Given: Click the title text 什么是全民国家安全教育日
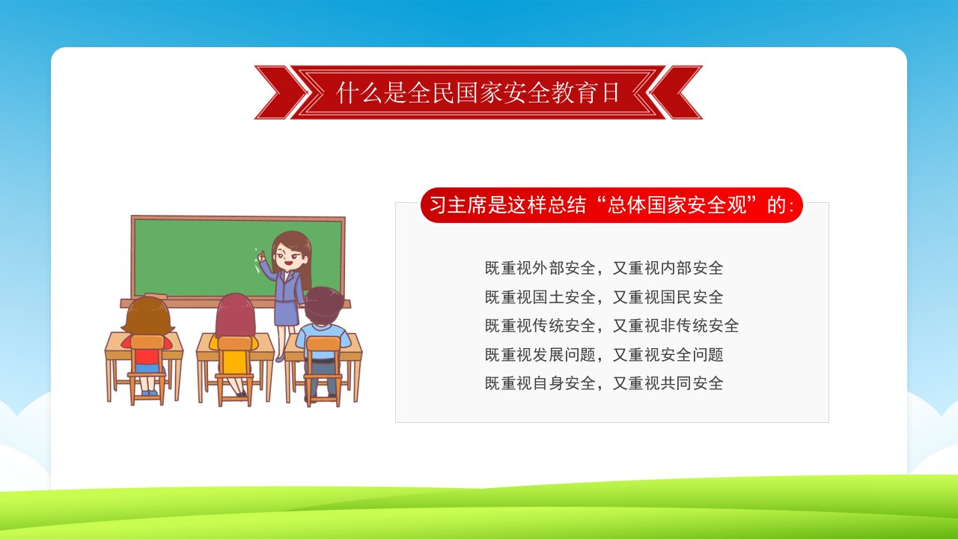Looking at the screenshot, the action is [478, 92].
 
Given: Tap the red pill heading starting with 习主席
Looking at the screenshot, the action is [611, 205].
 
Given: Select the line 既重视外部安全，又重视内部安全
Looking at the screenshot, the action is [604, 268].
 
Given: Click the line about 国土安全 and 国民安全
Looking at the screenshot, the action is [604, 297].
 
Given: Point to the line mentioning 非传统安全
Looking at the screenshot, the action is [611, 326].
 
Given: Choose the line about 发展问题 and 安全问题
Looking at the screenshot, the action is [604, 355].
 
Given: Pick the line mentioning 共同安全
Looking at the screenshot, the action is [604, 383].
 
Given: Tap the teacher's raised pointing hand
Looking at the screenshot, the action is [261, 257].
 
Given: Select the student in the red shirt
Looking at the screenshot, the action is [147, 347].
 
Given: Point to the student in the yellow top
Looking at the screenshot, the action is [234, 346].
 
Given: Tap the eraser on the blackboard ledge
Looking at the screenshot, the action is [156, 296].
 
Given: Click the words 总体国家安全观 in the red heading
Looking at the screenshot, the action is [677, 205].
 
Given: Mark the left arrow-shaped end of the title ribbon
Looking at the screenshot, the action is [281, 92].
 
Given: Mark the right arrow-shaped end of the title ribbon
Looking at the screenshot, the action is [676, 92].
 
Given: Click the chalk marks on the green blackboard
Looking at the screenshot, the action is [257, 261].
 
